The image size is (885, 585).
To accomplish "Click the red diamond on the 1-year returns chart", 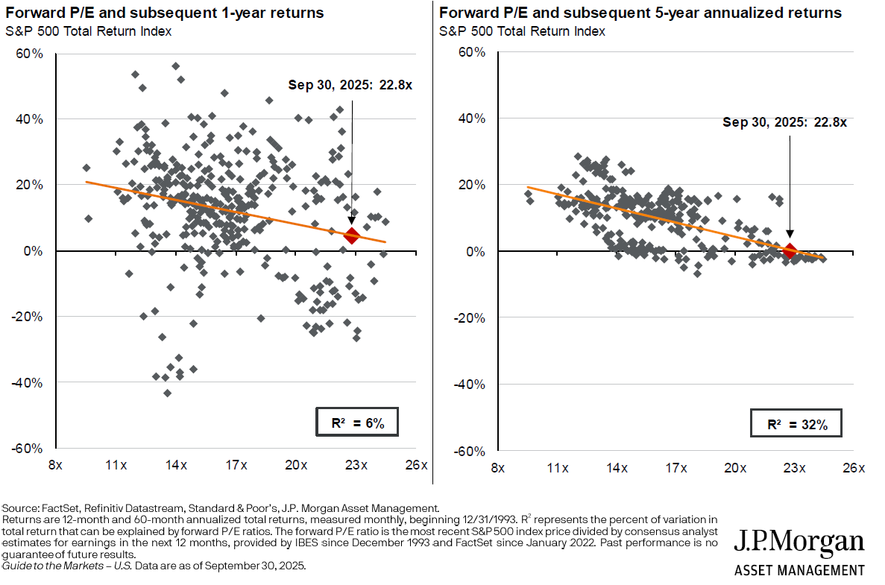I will [351, 235].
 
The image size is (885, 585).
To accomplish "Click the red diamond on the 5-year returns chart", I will [790, 250].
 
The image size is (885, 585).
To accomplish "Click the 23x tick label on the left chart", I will [356, 466].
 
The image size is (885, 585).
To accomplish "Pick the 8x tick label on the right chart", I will [497, 468].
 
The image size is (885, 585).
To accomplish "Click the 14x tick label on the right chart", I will [616, 468].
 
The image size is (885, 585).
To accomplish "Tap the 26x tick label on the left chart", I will [416, 466].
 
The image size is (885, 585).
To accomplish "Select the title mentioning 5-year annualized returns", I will [640, 13].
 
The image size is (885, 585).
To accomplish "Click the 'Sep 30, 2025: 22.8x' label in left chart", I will [350, 85].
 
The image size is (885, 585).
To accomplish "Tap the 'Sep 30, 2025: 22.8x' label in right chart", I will [784, 122].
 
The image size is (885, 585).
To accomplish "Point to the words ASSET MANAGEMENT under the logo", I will [799, 570].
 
